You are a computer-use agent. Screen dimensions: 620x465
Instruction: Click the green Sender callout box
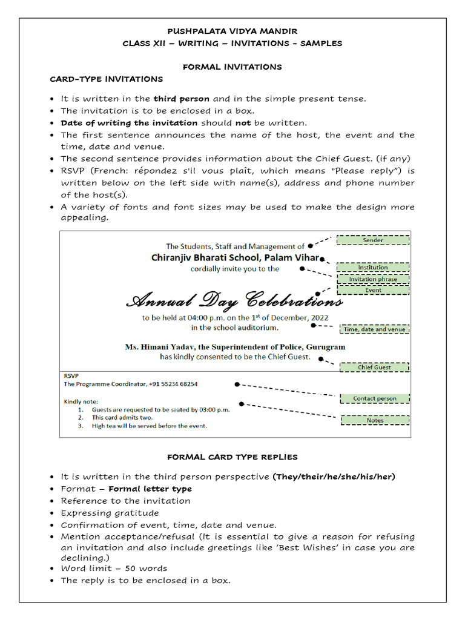coord(373,240)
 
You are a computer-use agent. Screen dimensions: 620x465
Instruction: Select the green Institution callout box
coord(373,267)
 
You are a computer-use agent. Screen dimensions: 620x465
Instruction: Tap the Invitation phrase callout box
coord(373,279)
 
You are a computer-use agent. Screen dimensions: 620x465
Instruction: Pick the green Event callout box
coord(373,290)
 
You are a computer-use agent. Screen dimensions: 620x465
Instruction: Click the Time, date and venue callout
coord(374,329)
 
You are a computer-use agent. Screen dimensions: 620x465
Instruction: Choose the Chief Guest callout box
coord(374,367)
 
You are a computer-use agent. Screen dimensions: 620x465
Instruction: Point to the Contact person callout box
coord(375,398)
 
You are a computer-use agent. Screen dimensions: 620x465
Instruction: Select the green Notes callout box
coord(375,420)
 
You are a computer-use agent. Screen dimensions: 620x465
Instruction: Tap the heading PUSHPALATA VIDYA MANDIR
coord(232,31)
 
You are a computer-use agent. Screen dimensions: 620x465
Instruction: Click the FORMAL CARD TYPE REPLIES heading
coord(232,457)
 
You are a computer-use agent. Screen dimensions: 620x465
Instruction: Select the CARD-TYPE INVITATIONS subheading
coord(106,79)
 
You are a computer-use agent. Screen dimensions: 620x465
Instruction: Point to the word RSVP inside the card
coord(71,375)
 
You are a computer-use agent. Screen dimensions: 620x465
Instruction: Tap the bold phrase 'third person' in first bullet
coord(181,99)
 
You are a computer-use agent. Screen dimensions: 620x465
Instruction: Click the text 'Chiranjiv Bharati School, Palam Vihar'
coord(235,257)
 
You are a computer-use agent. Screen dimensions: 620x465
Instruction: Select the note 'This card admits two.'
coord(122,417)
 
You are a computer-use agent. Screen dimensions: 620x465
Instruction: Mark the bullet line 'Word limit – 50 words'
coord(114,568)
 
